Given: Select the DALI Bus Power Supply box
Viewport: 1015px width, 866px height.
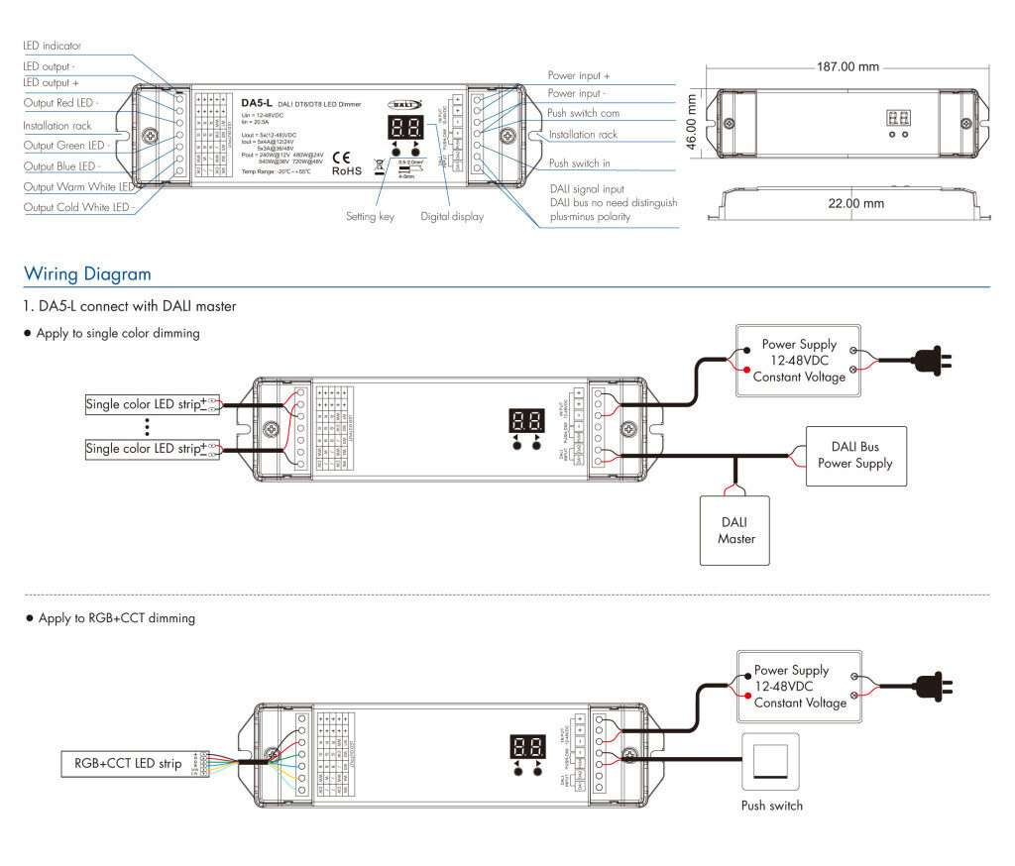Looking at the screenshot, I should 855,455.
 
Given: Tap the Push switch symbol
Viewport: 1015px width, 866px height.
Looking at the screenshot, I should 771,760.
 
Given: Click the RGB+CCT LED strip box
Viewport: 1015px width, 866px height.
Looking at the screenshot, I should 129,764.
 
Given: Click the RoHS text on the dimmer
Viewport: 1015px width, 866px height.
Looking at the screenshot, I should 346,170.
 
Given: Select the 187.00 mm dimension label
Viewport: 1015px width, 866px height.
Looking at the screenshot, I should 847,67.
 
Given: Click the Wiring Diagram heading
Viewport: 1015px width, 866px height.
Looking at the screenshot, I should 88,274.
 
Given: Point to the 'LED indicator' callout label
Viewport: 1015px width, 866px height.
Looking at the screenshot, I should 53,46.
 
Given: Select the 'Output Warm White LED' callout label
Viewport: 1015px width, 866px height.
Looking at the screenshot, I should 78,186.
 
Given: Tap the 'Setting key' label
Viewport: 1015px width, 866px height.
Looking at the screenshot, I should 370,216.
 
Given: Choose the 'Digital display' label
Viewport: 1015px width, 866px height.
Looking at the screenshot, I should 452,216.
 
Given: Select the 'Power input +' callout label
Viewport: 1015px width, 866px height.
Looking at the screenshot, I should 579,75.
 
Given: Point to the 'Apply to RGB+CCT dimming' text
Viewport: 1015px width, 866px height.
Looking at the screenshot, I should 116,618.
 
